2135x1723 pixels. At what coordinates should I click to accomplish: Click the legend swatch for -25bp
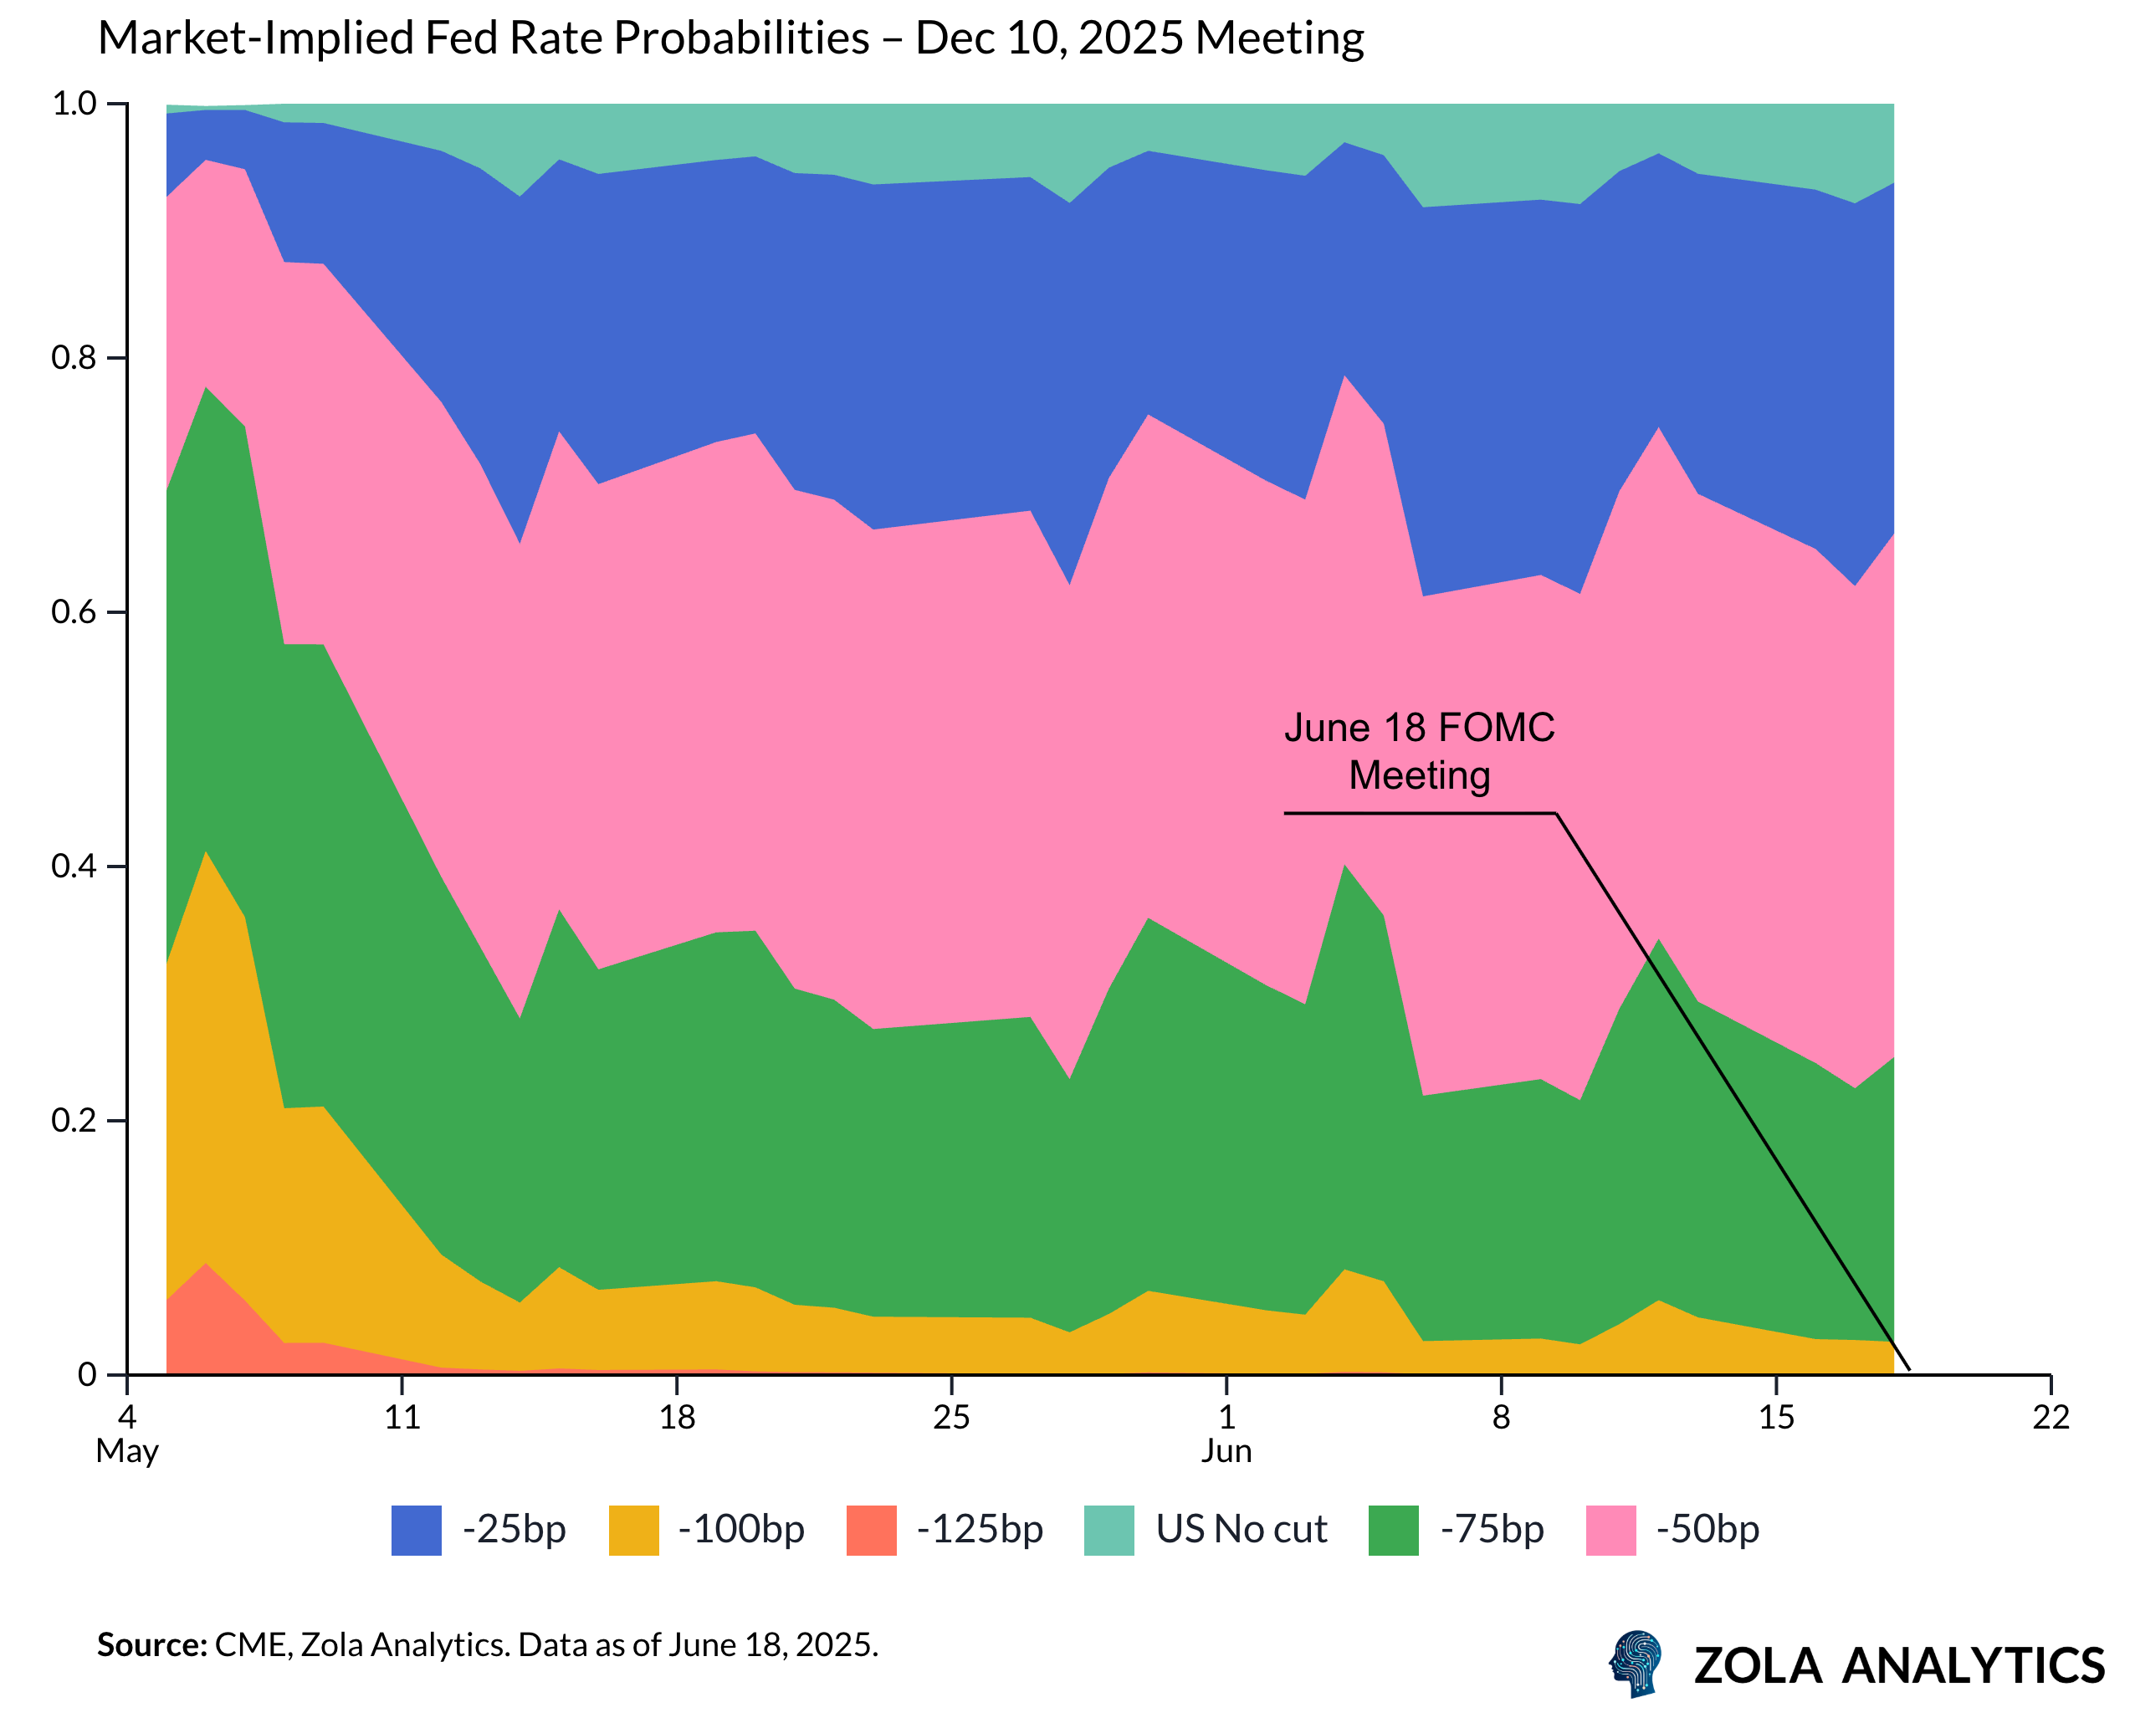point(416,1531)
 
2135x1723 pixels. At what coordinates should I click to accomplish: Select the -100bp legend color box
point(633,1531)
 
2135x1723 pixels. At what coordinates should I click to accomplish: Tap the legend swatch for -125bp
point(872,1531)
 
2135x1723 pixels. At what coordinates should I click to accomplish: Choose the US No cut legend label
point(1241,1530)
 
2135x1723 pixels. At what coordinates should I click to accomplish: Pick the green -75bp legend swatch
point(1393,1531)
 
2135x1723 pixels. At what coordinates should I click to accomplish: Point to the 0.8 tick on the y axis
point(74,358)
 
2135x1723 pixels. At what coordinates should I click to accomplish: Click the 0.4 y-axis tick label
point(74,867)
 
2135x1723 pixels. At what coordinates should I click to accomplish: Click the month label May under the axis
point(127,1451)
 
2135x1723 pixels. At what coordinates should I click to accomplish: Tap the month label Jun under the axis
point(1226,1451)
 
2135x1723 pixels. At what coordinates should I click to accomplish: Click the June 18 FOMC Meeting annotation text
point(1420,751)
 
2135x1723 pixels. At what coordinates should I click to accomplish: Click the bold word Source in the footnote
point(149,1645)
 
